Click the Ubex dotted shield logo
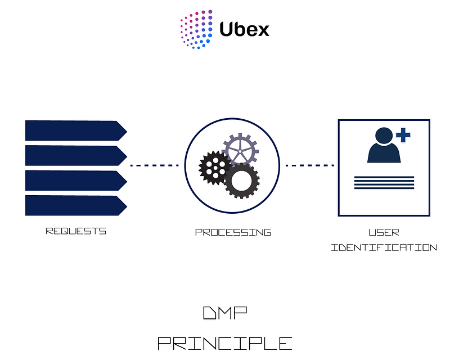point(196,29)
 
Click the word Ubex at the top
point(245,30)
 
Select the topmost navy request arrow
point(76,130)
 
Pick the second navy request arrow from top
point(76,156)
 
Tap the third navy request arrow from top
point(76,181)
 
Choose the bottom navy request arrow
point(76,205)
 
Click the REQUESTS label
point(76,231)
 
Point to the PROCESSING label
point(233,232)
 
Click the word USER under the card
point(384,232)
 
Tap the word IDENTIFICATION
point(384,247)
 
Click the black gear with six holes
point(215,168)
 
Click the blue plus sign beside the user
point(403,135)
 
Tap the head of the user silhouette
point(384,135)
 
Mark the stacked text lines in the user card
point(384,183)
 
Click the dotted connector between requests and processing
point(154,165)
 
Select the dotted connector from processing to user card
point(310,165)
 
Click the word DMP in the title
point(225,313)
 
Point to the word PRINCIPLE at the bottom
point(225,343)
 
